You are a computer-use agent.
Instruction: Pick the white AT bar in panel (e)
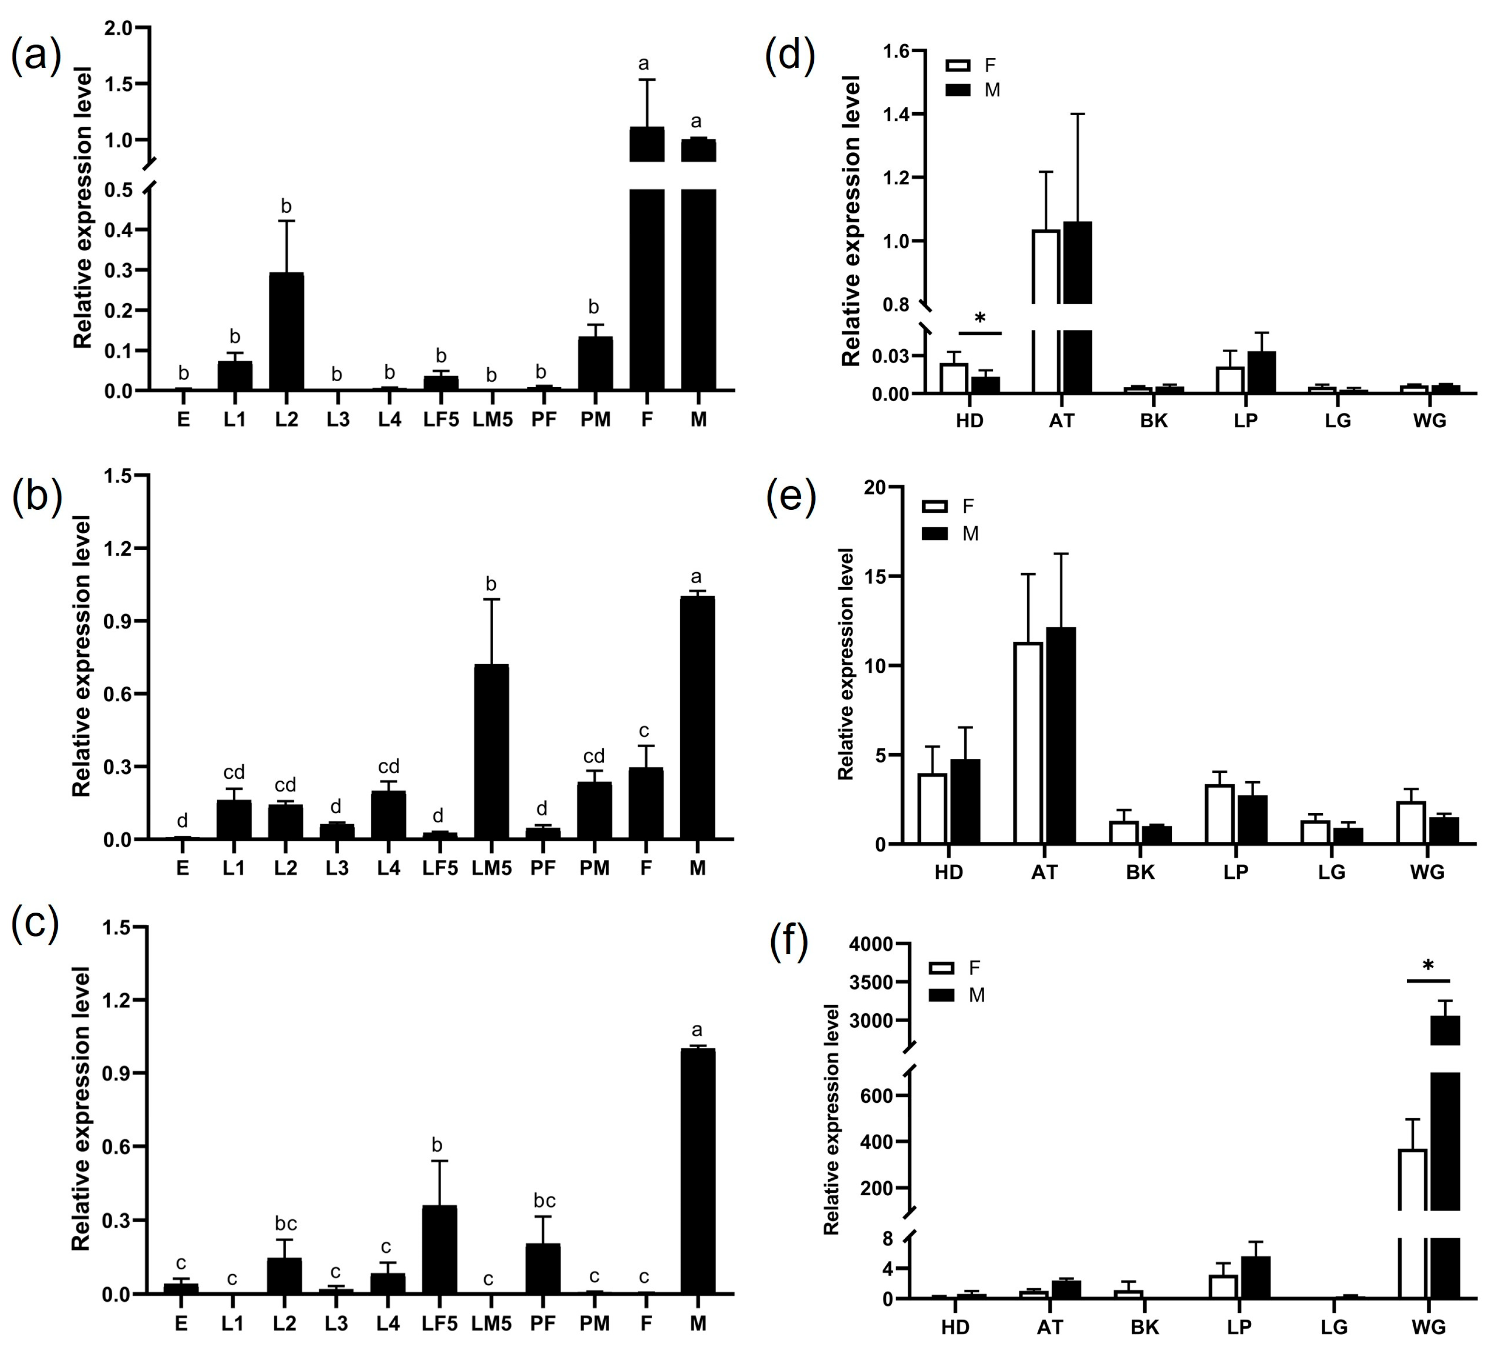[1028, 743]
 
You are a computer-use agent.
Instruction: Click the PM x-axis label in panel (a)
[595, 420]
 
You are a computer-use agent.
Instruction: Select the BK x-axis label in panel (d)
[1153, 421]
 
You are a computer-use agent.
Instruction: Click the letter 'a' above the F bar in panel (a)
[643, 64]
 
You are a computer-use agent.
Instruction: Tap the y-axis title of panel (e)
[846, 664]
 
